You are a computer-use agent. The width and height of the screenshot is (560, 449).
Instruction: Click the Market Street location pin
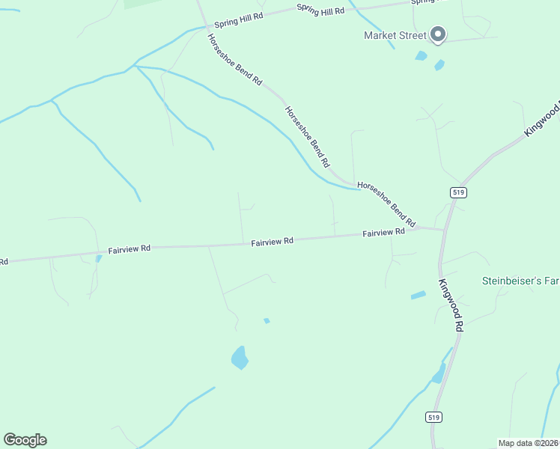(438, 34)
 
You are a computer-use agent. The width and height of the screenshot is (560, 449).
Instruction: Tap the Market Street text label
(395, 35)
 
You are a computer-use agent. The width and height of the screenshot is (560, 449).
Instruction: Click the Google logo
(25, 440)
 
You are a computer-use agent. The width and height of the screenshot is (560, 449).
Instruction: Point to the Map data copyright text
(529, 442)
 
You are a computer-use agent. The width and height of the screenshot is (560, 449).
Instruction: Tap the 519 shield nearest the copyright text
(436, 417)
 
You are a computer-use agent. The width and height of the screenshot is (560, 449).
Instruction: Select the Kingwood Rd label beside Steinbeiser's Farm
(451, 305)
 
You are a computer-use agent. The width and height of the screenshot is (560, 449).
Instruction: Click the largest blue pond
(240, 358)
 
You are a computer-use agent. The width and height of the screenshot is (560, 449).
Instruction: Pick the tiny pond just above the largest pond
(267, 321)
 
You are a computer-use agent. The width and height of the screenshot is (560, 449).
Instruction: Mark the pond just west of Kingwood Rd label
(418, 296)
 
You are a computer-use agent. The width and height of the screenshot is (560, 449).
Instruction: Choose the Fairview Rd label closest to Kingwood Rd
(383, 233)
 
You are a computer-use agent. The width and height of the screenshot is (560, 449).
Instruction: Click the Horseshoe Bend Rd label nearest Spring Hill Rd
(235, 59)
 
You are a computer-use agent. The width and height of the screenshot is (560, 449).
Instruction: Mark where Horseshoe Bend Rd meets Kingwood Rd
(443, 229)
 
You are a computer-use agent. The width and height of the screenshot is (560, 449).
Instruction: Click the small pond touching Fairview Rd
(98, 258)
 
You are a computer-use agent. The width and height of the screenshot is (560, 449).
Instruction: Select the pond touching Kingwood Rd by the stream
(439, 372)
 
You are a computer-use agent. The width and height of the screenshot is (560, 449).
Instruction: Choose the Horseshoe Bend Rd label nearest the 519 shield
(386, 204)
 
